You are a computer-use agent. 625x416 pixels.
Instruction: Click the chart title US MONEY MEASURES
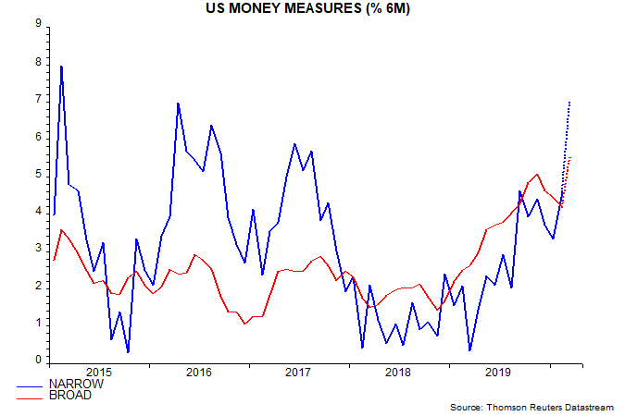(x=312, y=8)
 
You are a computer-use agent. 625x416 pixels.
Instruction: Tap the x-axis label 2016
(x=198, y=373)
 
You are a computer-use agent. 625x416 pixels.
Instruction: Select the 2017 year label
(x=297, y=373)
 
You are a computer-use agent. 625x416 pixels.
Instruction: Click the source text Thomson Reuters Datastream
(x=531, y=406)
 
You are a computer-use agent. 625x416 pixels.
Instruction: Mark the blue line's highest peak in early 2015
(x=61, y=66)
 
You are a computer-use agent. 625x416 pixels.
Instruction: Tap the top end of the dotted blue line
(x=569, y=101)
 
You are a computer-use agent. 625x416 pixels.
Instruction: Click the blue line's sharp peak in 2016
(x=177, y=103)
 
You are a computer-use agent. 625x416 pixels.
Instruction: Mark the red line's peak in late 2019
(x=537, y=174)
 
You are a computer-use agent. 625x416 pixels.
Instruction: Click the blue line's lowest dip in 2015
(x=127, y=352)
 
